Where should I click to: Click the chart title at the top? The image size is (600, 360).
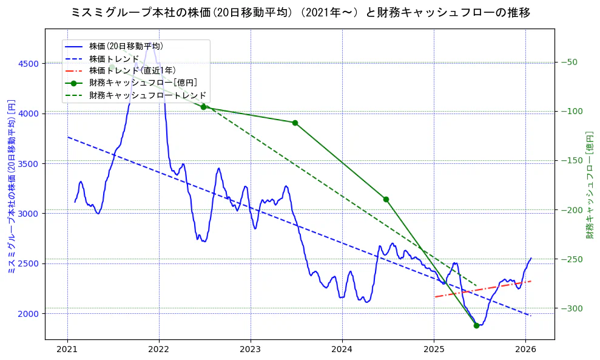pyautogui.click(x=300, y=12)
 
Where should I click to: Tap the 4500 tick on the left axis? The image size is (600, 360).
pyautogui.click(x=28, y=64)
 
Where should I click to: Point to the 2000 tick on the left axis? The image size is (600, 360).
pyautogui.click(x=28, y=313)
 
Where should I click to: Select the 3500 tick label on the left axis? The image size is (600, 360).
pyautogui.click(x=28, y=164)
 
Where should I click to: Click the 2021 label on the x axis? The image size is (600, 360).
pyautogui.click(x=67, y=350)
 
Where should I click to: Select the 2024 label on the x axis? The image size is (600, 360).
pyautogui.click(x=342, y=350)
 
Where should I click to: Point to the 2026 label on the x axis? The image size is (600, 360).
pyautogui.click(x=525, y=350)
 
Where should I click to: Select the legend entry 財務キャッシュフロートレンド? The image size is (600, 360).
pyautogui.click(x=147, y=96)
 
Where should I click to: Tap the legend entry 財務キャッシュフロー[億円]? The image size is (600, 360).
pyautogui.click(x=143, y=83)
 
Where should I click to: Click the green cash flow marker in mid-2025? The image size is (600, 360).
pyautogui.click(x=476, y=325)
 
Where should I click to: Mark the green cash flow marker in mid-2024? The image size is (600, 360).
pyautogui.click(x=386, y=199)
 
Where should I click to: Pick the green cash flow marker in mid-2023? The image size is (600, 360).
pyautogui.click(x=295, y=123)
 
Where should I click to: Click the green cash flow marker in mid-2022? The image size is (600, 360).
pyautogui.click(x=203, y=107)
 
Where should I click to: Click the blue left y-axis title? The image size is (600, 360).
pyautogui.click(x=10, y=187)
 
